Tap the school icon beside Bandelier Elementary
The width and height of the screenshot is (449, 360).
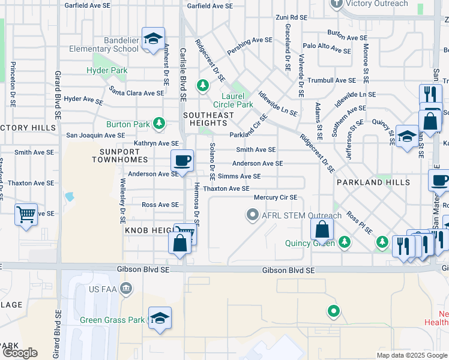[153, 39]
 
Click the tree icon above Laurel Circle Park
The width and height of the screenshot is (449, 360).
[203, 86]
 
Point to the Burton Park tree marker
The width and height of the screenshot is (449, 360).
[158, 124]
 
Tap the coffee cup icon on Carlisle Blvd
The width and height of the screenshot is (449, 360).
[182, 160]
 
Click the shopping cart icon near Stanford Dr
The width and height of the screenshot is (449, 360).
[26, 214]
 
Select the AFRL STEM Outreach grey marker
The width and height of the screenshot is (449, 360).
[253, 214]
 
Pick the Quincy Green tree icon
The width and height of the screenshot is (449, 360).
[344, 242]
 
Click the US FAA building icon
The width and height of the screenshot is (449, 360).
[125, 290]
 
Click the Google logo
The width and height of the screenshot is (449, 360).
[20, 352]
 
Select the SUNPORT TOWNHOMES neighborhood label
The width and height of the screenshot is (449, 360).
[120, 155]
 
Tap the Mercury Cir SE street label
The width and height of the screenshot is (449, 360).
[276, 197]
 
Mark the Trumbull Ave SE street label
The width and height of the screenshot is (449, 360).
[332, 80]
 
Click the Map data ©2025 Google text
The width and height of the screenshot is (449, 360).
[411, 355]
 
